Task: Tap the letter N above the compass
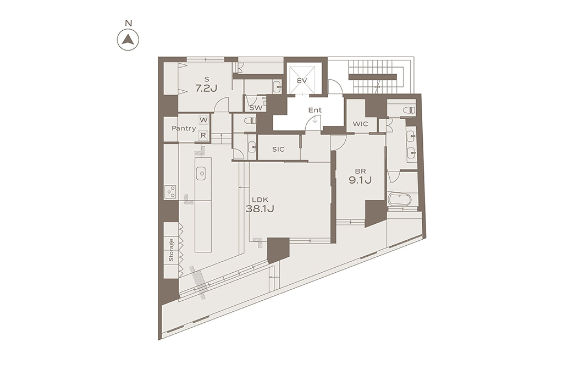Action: point(128,23)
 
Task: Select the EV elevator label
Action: point(302,80)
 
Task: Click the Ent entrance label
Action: point(315,111)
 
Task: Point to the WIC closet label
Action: point(360,124)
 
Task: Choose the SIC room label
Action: point(278,149)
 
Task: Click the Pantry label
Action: point(184,128)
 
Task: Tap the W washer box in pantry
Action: point(203,120)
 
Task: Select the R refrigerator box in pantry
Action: point(203,135)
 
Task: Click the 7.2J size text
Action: point(206,89)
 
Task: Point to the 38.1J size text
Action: point(260,209)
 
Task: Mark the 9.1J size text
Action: point(360,180)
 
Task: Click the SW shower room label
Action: point(256,107)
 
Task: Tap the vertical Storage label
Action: point(172,250)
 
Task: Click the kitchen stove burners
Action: point(170,191)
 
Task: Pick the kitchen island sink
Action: point(201,174)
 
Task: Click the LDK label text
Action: point(260,200)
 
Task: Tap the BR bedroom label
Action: point(360,171)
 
